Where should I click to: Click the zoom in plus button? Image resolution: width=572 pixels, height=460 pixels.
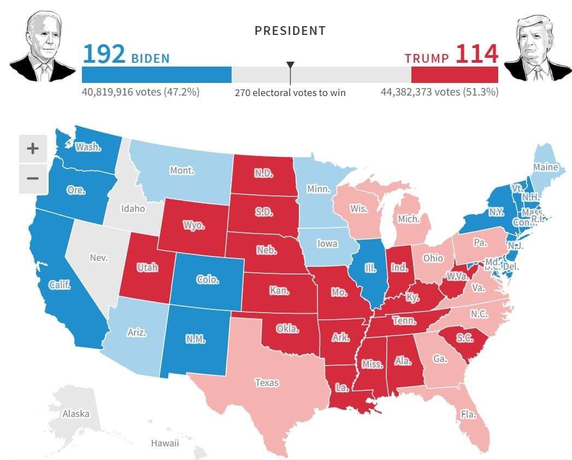click(x=33, y=148)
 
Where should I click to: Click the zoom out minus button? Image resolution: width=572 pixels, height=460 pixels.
click(x=33, y=178)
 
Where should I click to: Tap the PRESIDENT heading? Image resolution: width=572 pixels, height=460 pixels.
click(x=290, y=31)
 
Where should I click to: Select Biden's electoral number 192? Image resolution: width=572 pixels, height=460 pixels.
click(x=104, y=55)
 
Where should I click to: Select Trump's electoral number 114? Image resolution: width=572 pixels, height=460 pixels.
click(x=476, y=55)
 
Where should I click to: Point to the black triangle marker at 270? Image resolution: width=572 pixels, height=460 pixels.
click(x=291, y=65)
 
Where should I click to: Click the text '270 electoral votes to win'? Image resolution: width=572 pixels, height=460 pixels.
click(x=290, y=93)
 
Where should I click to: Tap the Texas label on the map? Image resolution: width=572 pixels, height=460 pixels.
click(x=267, y=383)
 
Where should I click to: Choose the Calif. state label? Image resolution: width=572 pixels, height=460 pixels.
click(x=59, y=285)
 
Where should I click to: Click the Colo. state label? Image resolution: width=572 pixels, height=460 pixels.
click(x=208, y=279)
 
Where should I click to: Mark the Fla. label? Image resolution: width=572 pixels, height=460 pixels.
click(x=468, y=414)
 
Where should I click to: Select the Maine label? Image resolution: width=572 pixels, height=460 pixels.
click(x=545, y=167)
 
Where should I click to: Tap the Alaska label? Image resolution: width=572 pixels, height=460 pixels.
click(x=75, y=414)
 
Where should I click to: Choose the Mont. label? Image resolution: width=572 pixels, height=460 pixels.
click(x=182, y=170)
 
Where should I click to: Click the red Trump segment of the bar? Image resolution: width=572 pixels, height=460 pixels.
click(x=455, y=75)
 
